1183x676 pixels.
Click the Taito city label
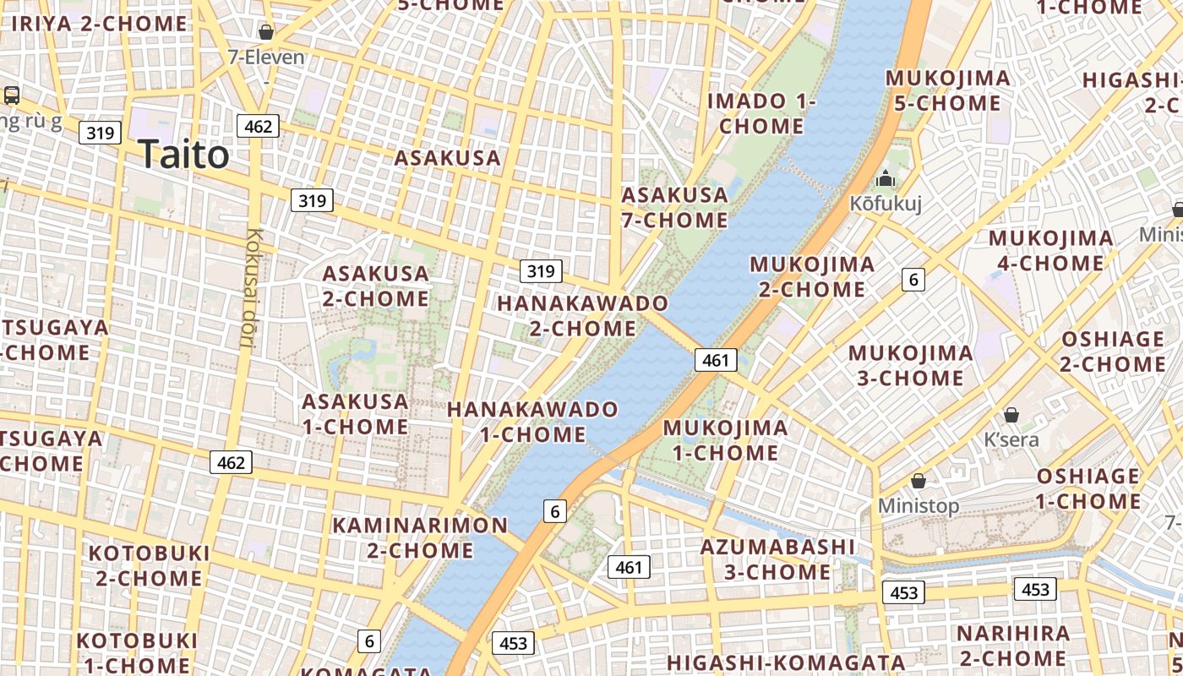183,155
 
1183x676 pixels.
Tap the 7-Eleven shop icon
266,33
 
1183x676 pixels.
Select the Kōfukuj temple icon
886,178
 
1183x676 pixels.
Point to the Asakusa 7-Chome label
674,208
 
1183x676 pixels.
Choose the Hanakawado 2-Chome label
582,315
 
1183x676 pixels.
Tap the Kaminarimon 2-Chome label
420,537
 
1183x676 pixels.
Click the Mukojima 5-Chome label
947,90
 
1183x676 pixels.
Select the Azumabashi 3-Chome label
777,559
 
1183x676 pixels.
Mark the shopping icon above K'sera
1011,415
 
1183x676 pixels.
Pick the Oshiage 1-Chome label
1088,488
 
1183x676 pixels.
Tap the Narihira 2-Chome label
1012,646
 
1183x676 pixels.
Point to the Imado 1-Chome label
761,113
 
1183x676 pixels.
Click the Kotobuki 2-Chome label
149,565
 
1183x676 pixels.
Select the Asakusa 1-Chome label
356,414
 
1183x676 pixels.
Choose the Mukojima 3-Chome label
910,365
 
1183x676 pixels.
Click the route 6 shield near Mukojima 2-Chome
913,279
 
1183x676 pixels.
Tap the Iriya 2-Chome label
99,24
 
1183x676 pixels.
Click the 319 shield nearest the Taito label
100,133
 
